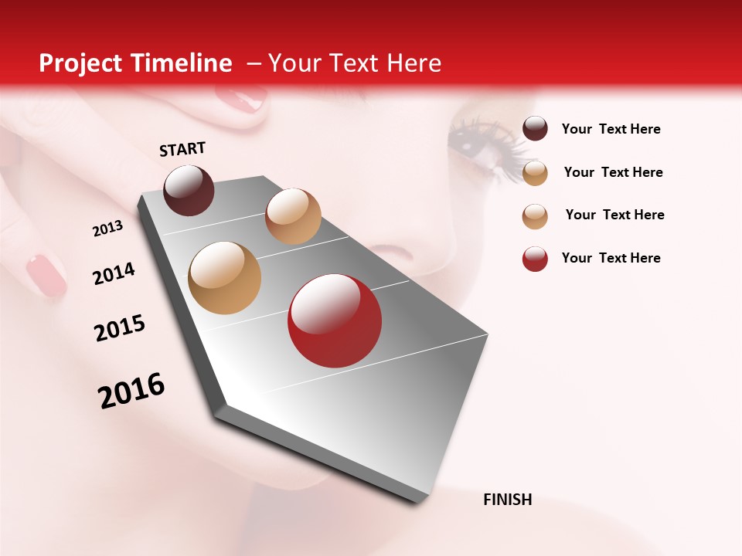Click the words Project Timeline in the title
point(135,63)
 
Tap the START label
point(182,149)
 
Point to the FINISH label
point(507,500)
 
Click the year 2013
point(107,228)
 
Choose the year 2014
point(114,273)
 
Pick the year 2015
point(120,328)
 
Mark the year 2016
point(131,391)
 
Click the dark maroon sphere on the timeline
point(189,190)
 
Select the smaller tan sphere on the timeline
point(293,216)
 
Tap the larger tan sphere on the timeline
point(225,278)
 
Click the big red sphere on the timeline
point(335,320)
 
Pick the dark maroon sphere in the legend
point(535,129)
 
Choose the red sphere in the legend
point(535,259)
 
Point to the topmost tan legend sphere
point(535,173)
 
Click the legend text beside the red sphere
point(611,258)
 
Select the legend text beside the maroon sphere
point(611,129)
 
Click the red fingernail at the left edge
point(46,276)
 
